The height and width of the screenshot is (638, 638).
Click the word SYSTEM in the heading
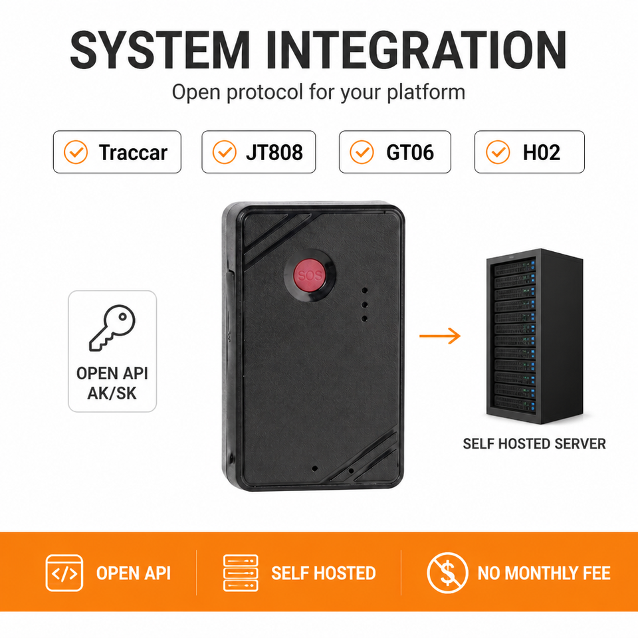tap(159, 50)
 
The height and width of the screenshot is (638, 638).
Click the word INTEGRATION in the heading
tap(416, 50)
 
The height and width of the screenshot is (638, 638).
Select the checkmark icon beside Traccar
tap(76, 152)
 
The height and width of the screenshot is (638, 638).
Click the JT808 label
tap(274, 153)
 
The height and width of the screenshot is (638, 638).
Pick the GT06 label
tap(410, 153)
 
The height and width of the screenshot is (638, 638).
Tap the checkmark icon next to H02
tap(498, 152)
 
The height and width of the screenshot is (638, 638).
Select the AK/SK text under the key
tap(112, 393)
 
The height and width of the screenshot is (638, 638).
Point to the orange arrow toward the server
tap(440, 336)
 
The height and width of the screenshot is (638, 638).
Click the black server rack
tap(534, 336)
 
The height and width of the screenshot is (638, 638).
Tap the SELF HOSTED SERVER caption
tap(534, 443)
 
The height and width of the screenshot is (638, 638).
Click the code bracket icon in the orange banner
tap(64, 573)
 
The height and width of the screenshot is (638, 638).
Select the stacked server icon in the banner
tap(241, 573)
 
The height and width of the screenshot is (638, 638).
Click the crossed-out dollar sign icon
tap(447, 573)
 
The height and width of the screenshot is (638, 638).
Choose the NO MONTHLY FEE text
tap(544, 573)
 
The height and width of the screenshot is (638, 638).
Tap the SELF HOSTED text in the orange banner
tap(324, 573)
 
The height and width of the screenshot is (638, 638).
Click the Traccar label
tap(133, 153)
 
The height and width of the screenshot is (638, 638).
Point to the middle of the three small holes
tap(365, 305)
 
